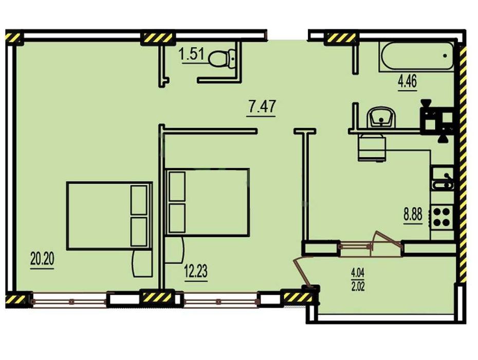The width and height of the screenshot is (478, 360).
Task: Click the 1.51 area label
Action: click(191, 56)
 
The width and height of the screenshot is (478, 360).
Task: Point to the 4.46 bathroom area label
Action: click(407, 81)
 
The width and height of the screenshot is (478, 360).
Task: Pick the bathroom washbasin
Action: click(381, 118)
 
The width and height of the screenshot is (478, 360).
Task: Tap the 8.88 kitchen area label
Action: click(413, 215)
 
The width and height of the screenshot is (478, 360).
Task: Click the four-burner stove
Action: click(442, 217)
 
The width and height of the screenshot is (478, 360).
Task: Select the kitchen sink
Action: click(443, 180)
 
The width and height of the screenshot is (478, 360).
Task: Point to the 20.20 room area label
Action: click(42, 259)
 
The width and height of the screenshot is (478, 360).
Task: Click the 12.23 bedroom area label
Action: click(196, 271)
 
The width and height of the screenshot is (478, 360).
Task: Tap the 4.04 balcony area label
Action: click(358, 272)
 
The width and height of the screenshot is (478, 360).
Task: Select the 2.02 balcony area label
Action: click(358, 286)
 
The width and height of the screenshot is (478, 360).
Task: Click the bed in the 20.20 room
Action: click(109, 216)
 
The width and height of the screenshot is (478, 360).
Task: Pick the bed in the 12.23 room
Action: click(207, 202)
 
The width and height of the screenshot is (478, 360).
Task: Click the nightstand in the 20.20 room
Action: click(142, 264)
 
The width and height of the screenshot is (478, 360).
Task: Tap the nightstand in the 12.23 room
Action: click(174, 249)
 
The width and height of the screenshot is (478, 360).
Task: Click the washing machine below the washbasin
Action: click(372, 148)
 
